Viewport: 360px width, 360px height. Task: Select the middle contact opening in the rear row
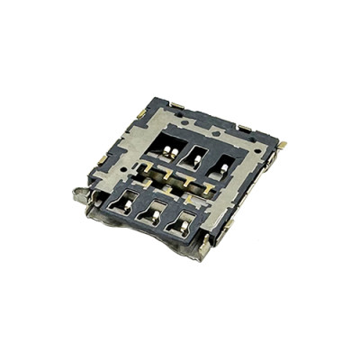tap(193, 155)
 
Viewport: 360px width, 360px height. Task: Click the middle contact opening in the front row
tap(152, 213)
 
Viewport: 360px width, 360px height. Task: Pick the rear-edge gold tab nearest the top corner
tap(177, 105)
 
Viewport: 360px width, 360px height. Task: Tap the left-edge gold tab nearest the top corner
tap(139, 114)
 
